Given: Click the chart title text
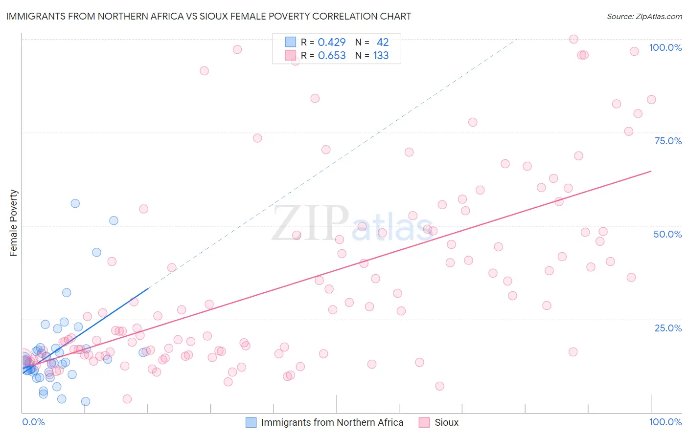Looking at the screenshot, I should tap(208, 16).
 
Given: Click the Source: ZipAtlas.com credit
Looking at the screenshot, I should tap(644, 16).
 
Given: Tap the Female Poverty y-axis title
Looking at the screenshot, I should tap(13, 223).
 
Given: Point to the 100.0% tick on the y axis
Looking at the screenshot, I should tap(665, 47).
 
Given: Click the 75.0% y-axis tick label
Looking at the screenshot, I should tap(668, 141).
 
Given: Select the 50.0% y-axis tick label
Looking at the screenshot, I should tap(667, 234).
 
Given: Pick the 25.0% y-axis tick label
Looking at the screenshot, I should tap(668, 328).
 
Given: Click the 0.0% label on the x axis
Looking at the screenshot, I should tap(33, 422).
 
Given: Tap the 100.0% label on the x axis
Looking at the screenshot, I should tap(665, 422).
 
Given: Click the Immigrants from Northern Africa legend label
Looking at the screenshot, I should tap(332, 422).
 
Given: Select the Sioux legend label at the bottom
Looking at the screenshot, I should tap(446, 422).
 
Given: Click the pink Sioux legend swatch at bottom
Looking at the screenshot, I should tap(424, 422).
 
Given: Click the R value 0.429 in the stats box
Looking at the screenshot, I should tap(332, 43).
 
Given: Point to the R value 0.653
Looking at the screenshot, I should tap(332, 56).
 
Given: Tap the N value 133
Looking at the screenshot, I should tap(381, 56).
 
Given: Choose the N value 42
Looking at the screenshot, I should tap(383, 43).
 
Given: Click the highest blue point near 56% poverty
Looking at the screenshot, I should tap(75, 203).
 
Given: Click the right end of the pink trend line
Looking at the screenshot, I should tap(651, 171).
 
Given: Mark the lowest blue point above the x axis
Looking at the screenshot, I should tap(86, 401).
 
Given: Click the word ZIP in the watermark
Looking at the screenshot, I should tap(310, 224).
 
